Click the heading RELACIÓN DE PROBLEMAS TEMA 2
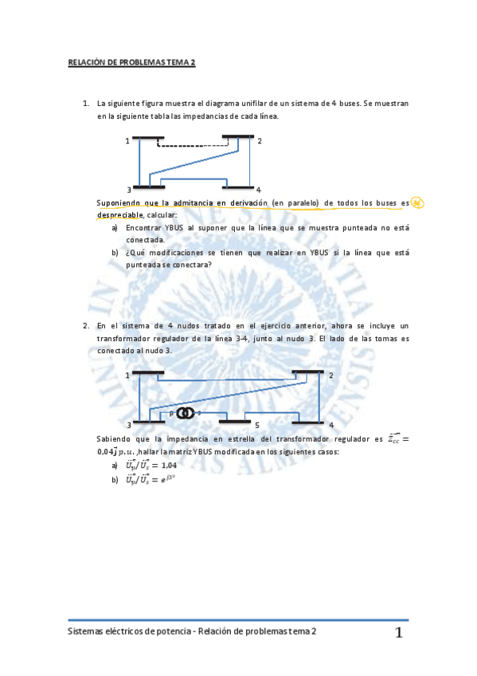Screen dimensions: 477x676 coord(131,61)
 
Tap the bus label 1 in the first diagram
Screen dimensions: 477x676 coord(127,141)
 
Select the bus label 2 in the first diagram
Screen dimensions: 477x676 coord(260,141)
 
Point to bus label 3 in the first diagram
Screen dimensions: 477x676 coord(128,189)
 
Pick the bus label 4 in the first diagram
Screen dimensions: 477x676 coord(259,189)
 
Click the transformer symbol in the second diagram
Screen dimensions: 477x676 coord(186,413)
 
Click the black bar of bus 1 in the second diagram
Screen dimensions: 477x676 coord(148,372)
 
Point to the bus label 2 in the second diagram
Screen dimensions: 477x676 coord(330,375)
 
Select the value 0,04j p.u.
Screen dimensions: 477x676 coord(116,452)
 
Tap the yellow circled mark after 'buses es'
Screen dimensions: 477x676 coord(417,202)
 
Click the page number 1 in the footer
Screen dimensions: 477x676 coord(398,633)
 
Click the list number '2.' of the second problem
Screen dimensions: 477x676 coord(86,325)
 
